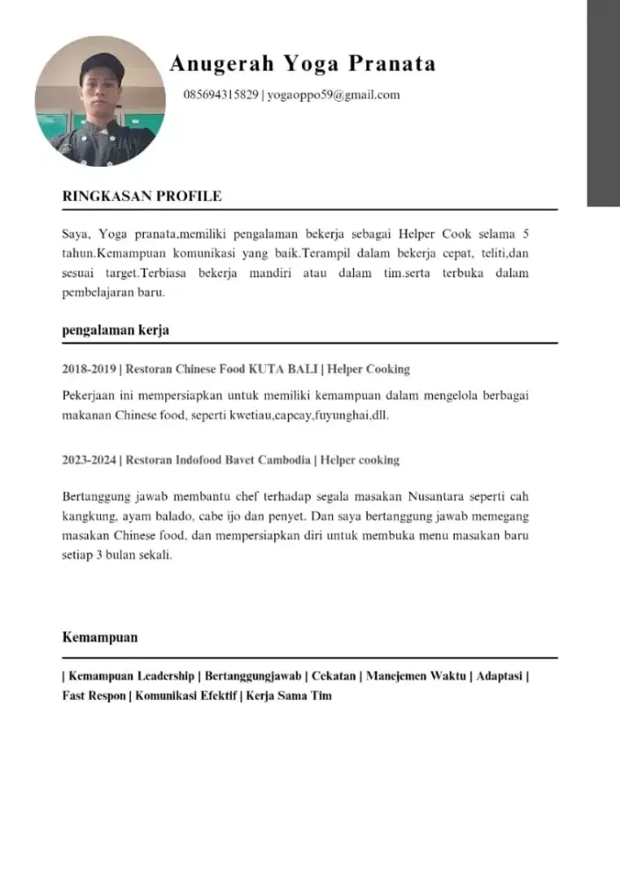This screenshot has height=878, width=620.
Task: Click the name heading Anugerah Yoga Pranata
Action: tap(302, 64)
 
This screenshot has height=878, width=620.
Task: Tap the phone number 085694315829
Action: tap(221, 95)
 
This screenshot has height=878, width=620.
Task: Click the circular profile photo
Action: tap(100, 101)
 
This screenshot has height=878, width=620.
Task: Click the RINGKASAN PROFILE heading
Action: tap(141, 196)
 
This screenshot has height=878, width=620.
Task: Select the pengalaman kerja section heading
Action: tap(116, 330)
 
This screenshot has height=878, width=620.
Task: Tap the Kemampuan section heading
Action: tap(100, 637)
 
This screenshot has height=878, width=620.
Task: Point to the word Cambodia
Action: tap(280, 459)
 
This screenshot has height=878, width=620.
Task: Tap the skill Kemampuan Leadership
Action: tap(131, 676)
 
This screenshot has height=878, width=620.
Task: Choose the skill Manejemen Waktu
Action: tap(416, 676)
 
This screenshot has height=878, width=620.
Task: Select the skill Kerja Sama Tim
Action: tap(289, 695)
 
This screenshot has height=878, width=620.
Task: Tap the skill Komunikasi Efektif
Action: tap(185, 695)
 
